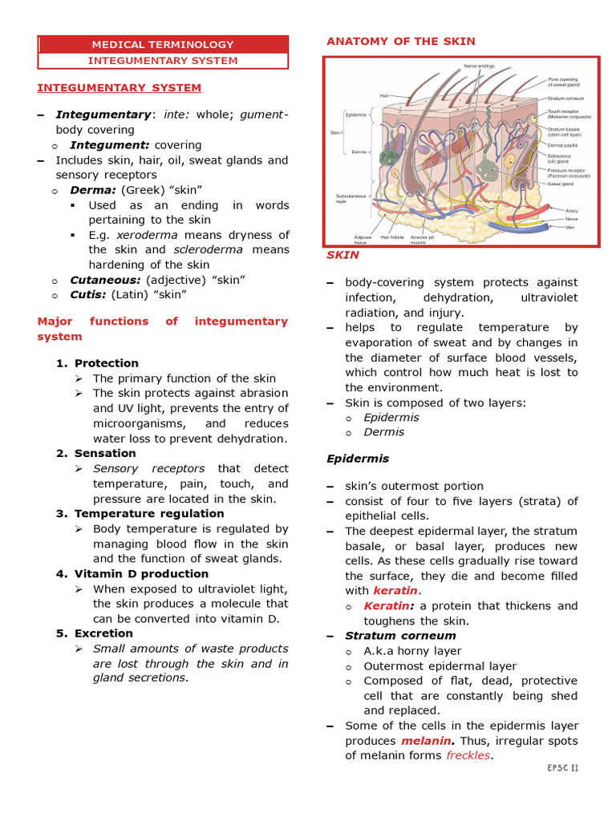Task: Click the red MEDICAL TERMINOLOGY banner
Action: point(163,45)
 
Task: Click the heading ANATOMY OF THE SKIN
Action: point(400,41)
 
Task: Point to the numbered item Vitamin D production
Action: point(141,573)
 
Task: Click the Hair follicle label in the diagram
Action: point(392,237)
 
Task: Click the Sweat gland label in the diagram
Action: point(561,184)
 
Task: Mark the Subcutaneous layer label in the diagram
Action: point(351,198)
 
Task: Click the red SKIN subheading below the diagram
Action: point(342,255)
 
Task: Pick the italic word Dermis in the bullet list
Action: point(383,432)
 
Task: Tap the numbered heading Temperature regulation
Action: point(149,513)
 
